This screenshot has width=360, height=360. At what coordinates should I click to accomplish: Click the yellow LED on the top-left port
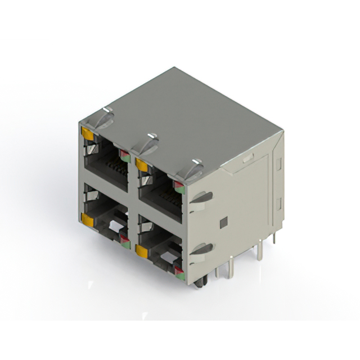[x=87, y=133]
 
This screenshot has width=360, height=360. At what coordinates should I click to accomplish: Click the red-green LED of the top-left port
[x=124, y=156]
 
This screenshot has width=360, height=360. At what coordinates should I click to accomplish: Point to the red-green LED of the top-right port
[x=179, y=187]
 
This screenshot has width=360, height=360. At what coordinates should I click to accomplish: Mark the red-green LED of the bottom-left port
[x=125, y=242]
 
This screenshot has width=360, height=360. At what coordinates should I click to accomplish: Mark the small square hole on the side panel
[x=223, y=222]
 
